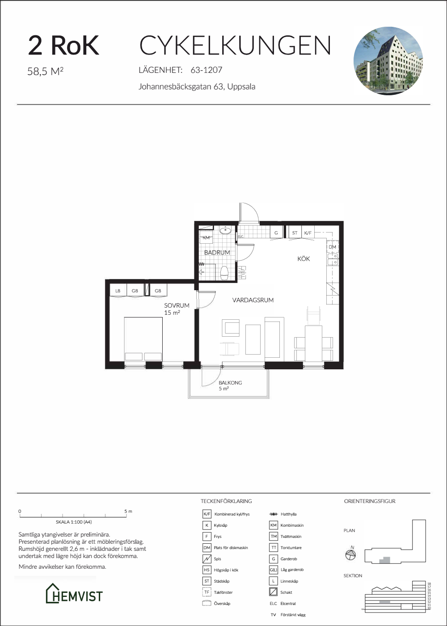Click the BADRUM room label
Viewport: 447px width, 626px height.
tap(217, 253)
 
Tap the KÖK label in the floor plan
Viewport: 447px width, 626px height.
tap(304, 259)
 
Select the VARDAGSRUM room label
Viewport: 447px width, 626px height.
tap(253, 300)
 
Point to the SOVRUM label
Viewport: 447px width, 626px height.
tap(177, 305)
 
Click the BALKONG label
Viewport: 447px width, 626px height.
tap(230, 383)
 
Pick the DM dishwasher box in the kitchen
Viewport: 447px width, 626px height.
tap(333, 247)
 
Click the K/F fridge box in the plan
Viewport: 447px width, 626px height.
tap(308, 233)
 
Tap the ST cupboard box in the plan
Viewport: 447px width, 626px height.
tap(295, 233)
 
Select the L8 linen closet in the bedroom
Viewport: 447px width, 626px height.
tap(118, 291)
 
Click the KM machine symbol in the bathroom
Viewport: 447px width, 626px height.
tap(206, 237)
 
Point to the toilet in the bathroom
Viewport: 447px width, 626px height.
tap(224, 273)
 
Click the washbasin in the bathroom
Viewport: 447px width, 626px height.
tap(225, 231)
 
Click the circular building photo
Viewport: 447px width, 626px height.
tap(388, 61)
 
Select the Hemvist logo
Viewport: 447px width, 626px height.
tap(74, 596)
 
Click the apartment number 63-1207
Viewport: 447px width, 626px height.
tap(207, 70)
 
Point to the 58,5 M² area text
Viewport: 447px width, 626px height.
tap(45, 71)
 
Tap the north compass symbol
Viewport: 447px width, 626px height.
tap(350, 554)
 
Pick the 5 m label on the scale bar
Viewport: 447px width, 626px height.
tap(128, 511)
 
